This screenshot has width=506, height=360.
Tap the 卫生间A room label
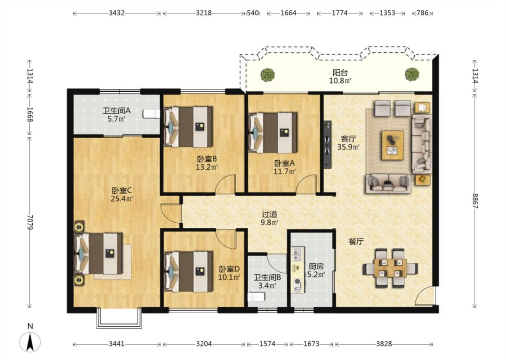tap(116, 111)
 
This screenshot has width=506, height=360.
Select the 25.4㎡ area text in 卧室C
tap(121, 198)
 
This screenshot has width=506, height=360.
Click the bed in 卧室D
tap(188, 271)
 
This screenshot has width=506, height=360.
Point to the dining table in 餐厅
tap(390, 268)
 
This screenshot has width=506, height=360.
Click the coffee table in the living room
tap(392, 145)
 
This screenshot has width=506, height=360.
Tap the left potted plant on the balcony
tap(268, 75)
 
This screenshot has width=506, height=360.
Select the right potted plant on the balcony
tap(412, 74)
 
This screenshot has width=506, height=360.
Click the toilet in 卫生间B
tap(256, 297)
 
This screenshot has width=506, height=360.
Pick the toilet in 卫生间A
tap(151, 114)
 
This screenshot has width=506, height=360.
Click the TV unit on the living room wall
tap(327, 144)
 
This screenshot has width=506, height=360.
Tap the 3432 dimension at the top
tap(116, 13)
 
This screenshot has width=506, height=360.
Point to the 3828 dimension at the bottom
tap(384, 344)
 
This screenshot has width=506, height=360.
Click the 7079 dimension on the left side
tap(30, 222)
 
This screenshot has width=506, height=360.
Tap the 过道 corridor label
tap(269, 214)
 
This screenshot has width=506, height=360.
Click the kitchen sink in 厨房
tap(297, 253)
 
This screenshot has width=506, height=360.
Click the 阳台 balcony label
tap(340, 72)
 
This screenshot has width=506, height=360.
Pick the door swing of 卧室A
tap(307, 184)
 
